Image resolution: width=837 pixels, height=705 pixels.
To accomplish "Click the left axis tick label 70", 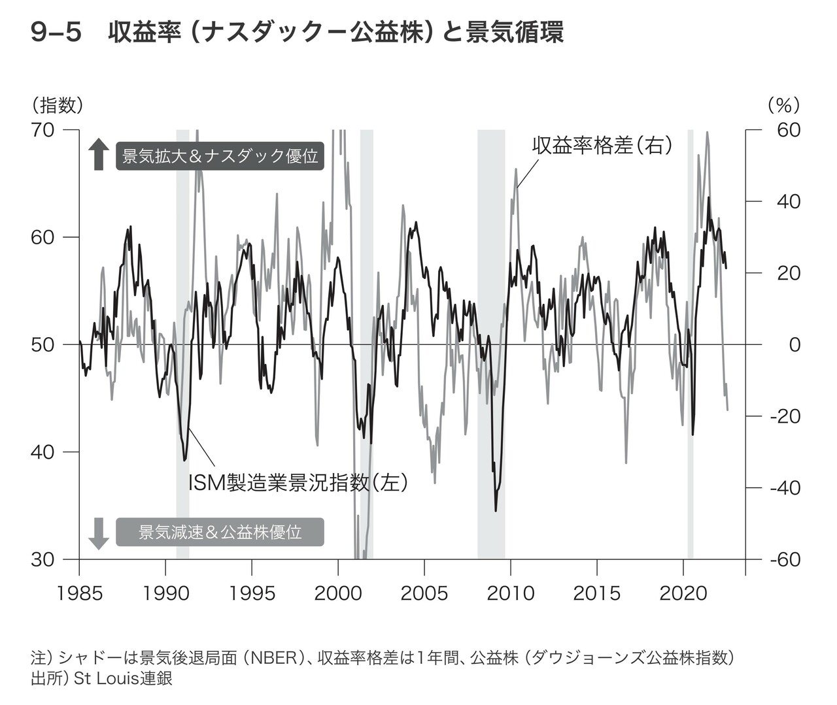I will point(43,130).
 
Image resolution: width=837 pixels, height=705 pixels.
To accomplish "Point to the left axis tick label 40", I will point(43,452).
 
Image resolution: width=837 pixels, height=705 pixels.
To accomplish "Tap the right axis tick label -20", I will point(785,416).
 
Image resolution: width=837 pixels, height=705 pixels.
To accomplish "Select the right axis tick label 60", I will point(789,130).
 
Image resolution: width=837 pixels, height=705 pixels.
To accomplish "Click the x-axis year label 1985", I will point(79,593).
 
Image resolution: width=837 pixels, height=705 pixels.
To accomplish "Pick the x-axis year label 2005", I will point(424,593).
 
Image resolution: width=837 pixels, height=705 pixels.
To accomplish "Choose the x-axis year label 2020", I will point(683,593).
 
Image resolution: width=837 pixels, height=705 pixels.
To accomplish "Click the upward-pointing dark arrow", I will point(99,154).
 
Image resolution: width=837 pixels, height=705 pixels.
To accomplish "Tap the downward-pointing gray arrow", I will point(99,533).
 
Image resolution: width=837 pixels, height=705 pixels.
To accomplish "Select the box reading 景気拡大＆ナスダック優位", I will point(220,156).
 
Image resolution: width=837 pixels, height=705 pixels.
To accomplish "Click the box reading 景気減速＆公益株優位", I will point(220,532).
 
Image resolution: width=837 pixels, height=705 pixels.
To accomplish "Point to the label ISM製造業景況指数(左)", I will point(298,483).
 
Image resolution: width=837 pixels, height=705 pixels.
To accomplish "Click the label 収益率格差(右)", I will point(602,145).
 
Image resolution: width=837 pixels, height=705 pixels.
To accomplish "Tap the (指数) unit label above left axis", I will point(57,105).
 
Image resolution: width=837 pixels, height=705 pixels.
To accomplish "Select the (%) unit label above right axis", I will point(783,105).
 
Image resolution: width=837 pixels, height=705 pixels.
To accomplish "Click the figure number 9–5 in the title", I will point(56,33).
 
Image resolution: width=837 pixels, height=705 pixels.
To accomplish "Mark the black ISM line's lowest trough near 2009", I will point(496,510).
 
